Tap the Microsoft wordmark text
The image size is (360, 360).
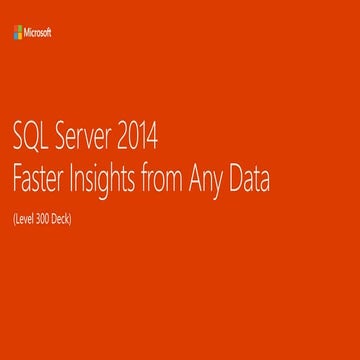click(x=38, y=32)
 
